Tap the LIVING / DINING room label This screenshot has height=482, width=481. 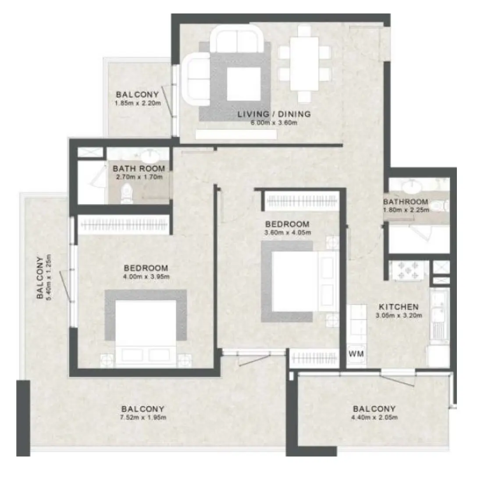coord(274,114)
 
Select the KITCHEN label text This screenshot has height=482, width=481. coord(399,307)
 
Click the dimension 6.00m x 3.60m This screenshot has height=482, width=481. coord(274,123)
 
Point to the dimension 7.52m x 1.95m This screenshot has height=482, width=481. coord(143,418)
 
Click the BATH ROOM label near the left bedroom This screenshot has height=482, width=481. coord(139,169)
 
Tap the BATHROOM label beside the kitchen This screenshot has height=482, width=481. coord(405,202)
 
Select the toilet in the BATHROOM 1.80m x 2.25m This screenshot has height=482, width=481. coord(439,206)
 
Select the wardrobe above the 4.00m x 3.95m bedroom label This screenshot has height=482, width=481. coord(123,225)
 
